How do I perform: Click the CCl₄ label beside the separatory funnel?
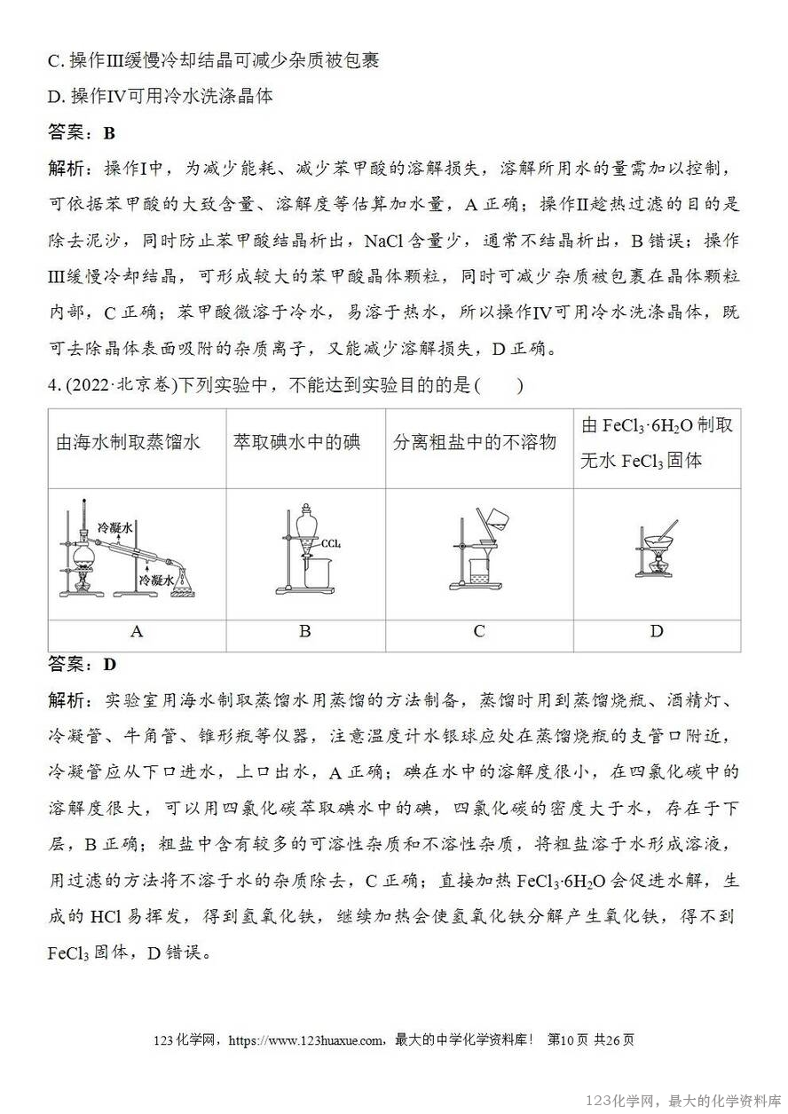(x=332, y=543)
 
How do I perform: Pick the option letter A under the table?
(x=137, y=632)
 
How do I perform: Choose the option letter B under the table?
(x=304, y=632)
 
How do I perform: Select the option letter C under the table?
(x=479, y=632)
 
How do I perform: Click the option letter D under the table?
(x=657, y=632)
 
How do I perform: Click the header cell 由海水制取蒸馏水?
(x=129, y=442)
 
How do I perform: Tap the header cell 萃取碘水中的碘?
(x=296, y=442)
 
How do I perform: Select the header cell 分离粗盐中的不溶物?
(x=475, y=442)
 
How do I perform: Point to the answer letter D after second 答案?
(x=110, y=665)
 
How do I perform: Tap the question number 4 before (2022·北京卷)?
(x=51, y=386)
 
